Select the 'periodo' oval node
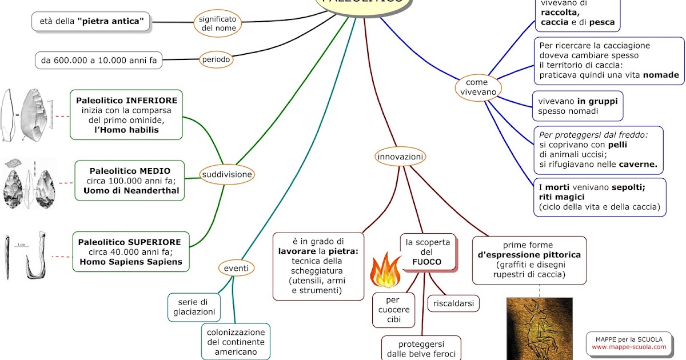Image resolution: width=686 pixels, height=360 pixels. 216,59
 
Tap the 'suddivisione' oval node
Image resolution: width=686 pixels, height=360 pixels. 227,174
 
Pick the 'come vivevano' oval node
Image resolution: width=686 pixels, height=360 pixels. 477,87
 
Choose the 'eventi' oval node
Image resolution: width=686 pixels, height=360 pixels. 236,267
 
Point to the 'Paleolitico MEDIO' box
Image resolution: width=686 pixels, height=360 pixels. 130,181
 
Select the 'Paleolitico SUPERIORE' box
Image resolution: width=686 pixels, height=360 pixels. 131,252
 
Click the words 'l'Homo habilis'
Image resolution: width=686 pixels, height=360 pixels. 127,130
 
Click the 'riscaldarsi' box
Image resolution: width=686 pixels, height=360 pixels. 453,303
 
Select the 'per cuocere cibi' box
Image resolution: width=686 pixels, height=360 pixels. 394,310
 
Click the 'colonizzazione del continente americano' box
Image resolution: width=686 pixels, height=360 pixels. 236,342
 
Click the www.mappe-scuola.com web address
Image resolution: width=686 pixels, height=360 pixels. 629,347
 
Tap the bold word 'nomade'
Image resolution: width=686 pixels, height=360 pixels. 661,75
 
